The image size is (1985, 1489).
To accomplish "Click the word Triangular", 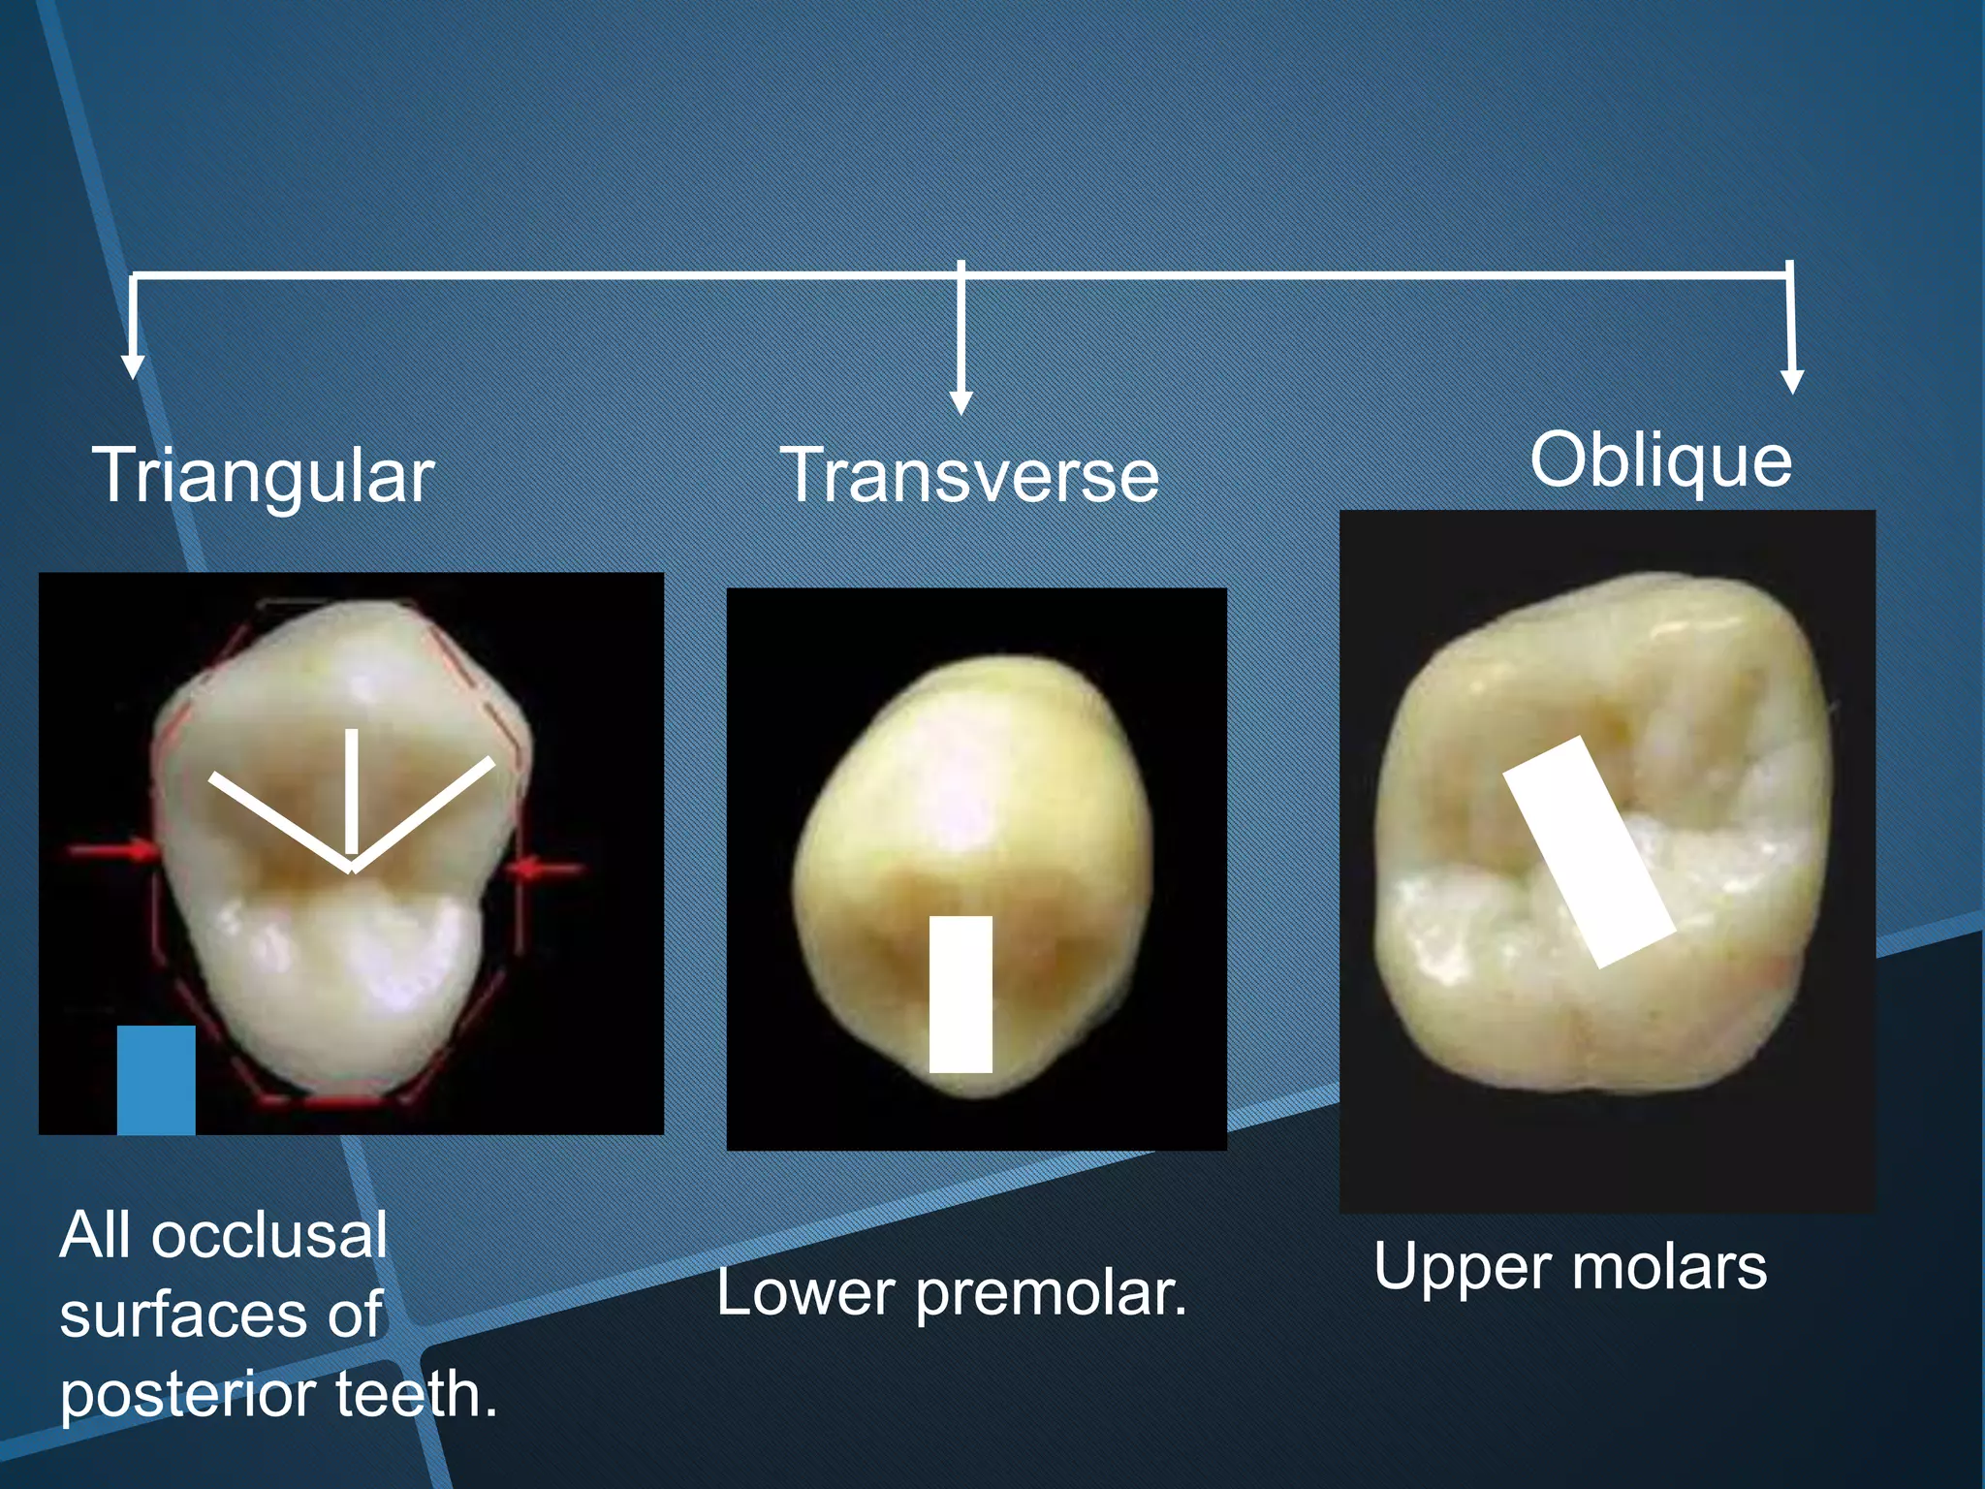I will [263, 476].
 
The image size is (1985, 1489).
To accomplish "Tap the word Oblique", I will [1661, 460].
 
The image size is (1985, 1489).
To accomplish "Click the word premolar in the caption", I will [1051, 1294].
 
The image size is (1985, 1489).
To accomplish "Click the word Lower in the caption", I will [805, 1293].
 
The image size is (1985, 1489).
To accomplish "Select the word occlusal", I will [268, 1236].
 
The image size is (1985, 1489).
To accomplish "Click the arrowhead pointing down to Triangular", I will [133, 365].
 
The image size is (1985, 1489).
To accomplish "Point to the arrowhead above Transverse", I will [961, 402].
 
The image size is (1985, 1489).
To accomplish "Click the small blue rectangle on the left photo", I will [156, 1080].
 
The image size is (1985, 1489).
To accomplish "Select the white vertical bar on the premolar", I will [961, 995].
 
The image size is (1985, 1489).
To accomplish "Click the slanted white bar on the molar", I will [1590, 852].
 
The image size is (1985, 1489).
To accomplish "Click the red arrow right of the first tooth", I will [548, 867].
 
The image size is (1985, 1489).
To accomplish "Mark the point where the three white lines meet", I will [352, 869].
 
